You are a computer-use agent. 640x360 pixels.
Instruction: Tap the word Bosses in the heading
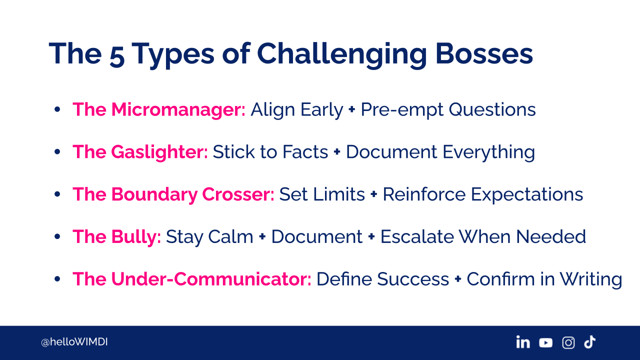pos(484,53)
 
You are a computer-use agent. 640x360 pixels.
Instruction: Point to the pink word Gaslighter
pos(159,152)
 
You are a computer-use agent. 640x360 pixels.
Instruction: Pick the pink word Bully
pos(136,237)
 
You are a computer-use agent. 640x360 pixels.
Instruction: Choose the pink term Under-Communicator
pos(211,279)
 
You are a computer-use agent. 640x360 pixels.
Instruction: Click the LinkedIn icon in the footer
pos(523,342)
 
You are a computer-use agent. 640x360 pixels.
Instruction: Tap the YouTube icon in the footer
pos(545,342)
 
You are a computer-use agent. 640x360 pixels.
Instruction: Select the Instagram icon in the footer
pos(568,342)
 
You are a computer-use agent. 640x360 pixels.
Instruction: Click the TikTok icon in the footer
pos(589,342)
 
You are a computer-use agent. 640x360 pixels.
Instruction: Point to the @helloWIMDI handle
pos(74,342)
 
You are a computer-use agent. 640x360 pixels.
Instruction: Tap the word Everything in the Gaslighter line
pos(489,152)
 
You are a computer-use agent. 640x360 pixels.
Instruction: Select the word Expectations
pos(527,195)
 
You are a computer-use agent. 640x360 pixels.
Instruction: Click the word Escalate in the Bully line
pos(417,237)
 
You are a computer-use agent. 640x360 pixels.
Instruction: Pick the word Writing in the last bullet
pos(590,279)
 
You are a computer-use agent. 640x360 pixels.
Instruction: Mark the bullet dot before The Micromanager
pos(57,109)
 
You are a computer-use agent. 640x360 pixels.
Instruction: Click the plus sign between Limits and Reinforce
pos(373,194)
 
